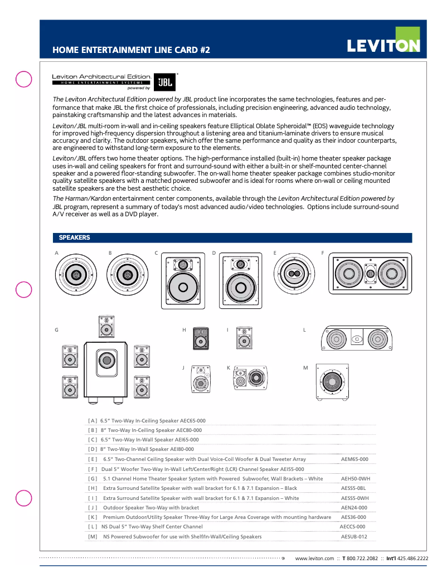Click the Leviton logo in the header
point(383,45)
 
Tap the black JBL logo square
point(164,82)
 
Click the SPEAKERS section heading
point(75,238)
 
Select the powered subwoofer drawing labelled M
point(332,382)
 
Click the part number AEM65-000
point(354,459)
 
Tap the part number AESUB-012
point(354,537)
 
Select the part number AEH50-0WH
point(355,479)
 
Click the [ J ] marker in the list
point(93,508)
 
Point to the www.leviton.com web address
point(314,558)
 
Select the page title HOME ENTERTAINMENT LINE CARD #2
point(132,50)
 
